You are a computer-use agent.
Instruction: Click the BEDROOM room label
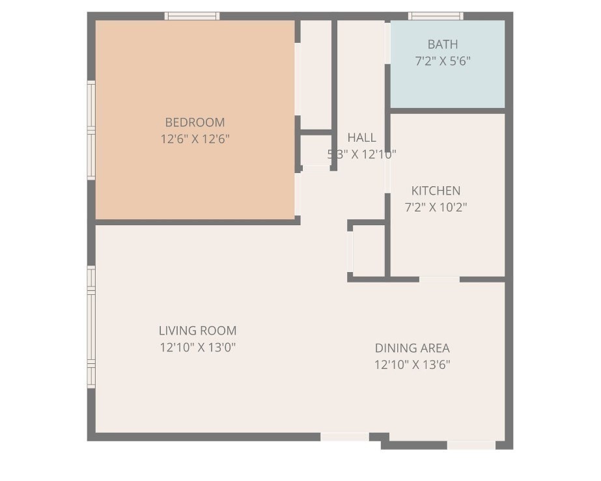point(195,122)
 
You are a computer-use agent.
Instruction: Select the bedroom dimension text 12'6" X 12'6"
point(195,139)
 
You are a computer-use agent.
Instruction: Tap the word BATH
point(442,44)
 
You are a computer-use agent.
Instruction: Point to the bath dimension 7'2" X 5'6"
point(442,61)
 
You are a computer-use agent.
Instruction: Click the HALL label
point(361,137)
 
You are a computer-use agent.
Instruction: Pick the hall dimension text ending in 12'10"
point(361,154)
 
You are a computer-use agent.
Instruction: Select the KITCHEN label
point(436,191)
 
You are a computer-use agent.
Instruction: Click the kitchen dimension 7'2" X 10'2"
point(436,208)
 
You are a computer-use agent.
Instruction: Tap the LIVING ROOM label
point(197,331)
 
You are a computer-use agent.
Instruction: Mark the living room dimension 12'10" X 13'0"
point(197,348)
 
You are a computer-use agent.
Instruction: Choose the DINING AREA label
point(412,348)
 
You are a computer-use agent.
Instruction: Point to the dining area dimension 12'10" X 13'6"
point(412,364)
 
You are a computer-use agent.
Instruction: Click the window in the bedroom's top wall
point(191,16)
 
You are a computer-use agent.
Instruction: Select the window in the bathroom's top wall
point(436,16)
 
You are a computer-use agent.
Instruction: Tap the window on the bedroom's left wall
point(91,130)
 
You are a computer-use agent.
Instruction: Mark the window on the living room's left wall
point(91,327)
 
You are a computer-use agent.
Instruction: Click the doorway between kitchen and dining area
point(439,279)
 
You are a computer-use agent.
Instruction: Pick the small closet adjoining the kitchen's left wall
point(368,251)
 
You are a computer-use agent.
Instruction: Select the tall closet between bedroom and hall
point(316,75)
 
